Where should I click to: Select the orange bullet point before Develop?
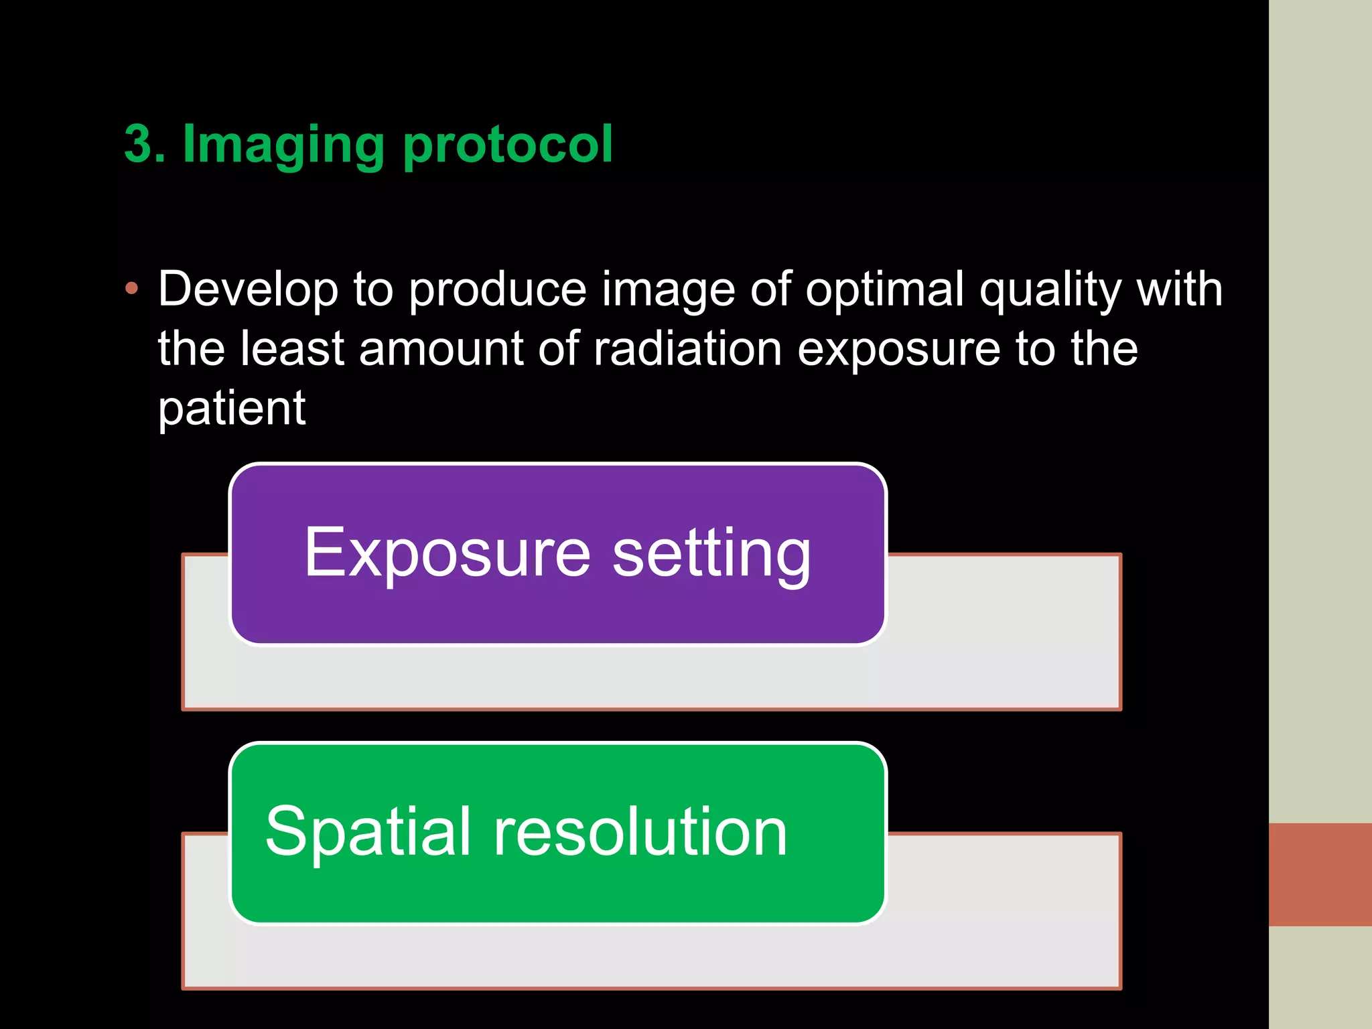(131, 289)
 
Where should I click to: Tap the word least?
(291, 348)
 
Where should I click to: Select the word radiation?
(687, 348)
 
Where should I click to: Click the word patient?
(232, 409)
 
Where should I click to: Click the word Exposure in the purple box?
(447, 553)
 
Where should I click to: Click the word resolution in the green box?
(640, 832)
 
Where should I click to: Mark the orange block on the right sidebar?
(1320, 874)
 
